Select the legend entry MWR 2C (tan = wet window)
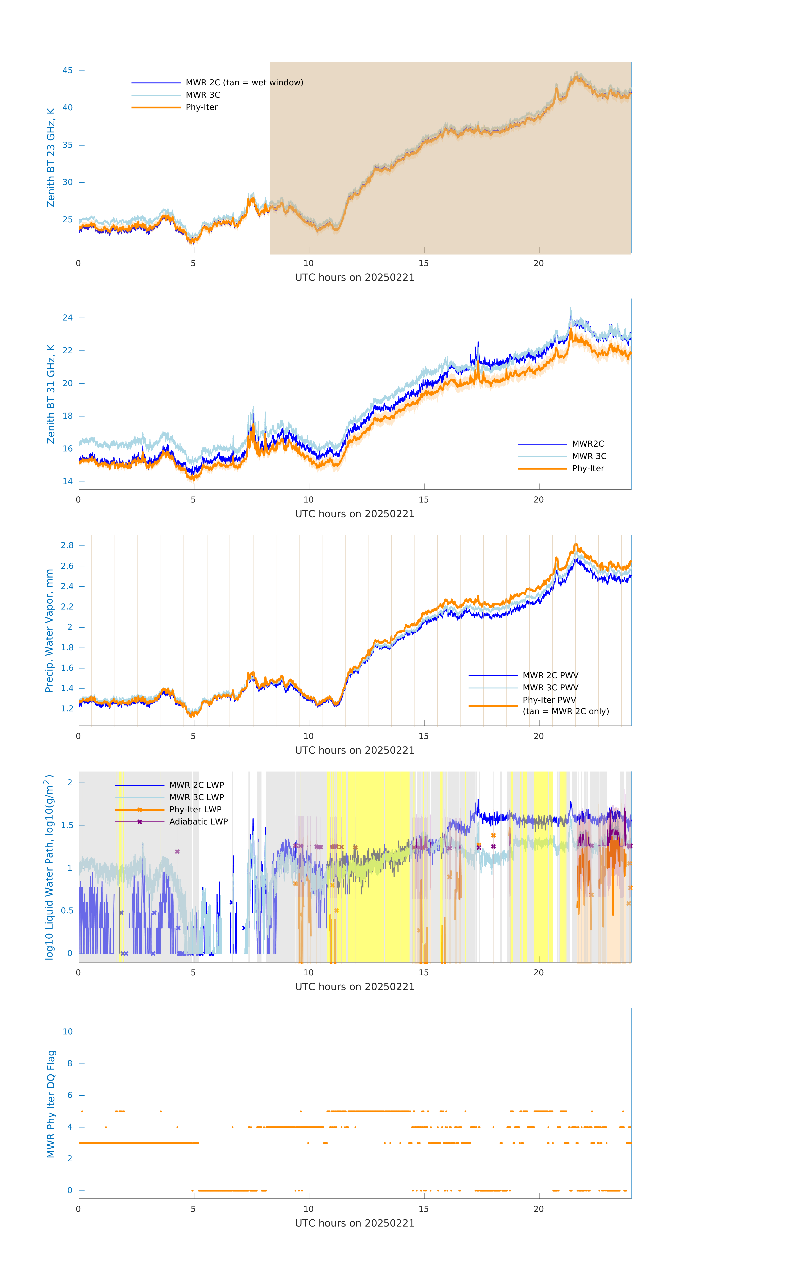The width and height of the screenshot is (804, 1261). tap(244, 83)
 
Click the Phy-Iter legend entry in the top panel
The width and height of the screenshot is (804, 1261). tap(202, 107)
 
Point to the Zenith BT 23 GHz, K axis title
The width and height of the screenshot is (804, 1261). tap(51, 158)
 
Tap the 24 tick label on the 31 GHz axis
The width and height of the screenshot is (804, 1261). tap(67, 318)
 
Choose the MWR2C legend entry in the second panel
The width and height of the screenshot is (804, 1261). tap(588, 444)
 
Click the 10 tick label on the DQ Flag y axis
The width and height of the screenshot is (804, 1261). tap(67, 1032)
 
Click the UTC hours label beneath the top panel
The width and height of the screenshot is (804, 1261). tap(355, 278)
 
